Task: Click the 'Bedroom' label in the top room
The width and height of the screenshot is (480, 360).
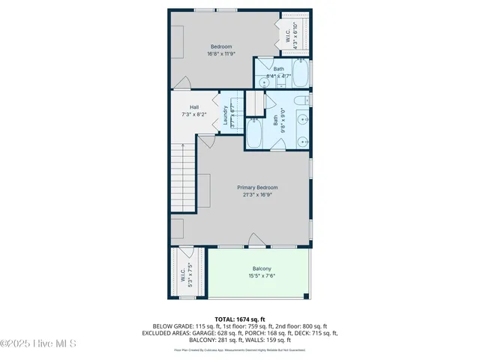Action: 220,46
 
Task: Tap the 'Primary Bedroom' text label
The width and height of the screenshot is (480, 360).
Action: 257,187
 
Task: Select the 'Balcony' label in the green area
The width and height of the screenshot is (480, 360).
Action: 262,268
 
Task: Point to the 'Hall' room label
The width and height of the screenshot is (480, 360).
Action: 194,107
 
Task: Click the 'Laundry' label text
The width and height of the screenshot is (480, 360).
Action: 225,114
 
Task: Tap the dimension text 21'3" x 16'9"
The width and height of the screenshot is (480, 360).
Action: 257,195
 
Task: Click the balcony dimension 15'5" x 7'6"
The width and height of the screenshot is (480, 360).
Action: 262,276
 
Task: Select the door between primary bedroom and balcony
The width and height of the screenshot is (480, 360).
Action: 257,242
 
